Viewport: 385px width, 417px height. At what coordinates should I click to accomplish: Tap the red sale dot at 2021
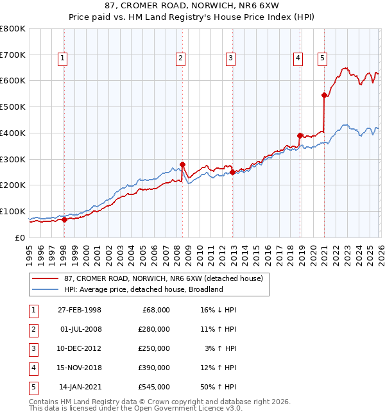click(324, 95)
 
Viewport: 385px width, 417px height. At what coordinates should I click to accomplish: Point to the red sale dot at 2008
click(182, 164)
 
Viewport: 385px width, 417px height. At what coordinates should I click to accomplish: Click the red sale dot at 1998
click(64, 219)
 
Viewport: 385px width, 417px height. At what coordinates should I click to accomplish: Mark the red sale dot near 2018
click(300, 135)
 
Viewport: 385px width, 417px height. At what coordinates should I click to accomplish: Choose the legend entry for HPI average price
click(142, 289)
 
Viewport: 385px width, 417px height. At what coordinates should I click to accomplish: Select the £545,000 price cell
click(154, 387)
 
